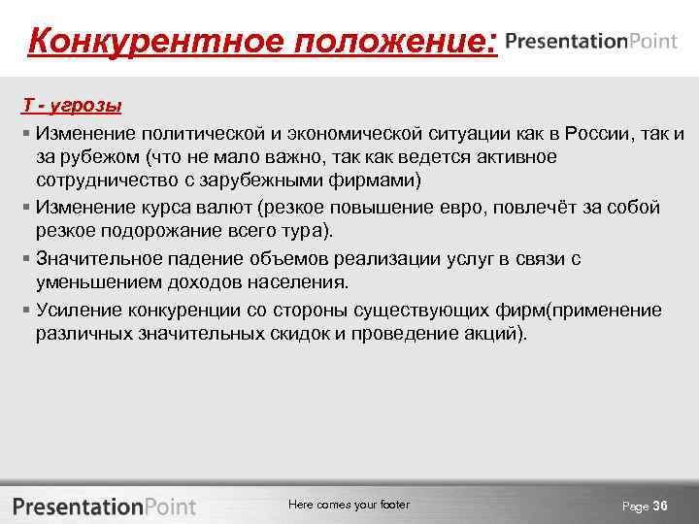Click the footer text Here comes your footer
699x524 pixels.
click(349, 505)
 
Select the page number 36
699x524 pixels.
click(661, 506)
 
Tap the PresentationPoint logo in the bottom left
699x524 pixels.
click(104, 506)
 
